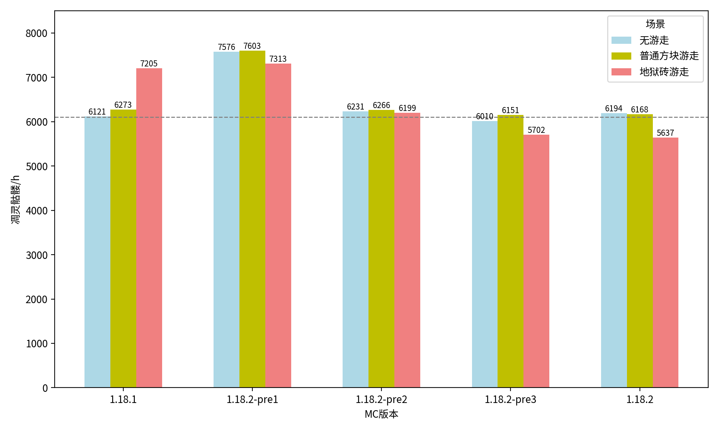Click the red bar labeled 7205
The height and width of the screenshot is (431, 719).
(149, 228)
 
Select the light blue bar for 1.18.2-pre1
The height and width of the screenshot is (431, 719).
(226, 219)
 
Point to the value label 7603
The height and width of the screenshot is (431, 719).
(252, 46)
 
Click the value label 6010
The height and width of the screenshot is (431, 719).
(485, 116)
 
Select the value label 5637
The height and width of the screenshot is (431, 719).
(665, 133)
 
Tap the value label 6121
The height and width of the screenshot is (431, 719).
(97, 112)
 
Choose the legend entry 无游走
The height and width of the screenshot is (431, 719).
(654, 40)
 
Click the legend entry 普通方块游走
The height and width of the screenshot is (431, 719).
(669, 56)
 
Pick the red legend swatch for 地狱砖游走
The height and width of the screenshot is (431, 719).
(621, 72)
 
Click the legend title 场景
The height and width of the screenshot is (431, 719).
(655, 24)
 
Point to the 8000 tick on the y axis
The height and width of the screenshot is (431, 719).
(37, 33)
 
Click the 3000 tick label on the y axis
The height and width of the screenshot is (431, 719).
(37, 255)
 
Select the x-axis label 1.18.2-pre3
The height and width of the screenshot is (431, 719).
(510, 399)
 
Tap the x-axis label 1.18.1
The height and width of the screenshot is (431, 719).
(123, 399)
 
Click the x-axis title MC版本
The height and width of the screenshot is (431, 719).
(381, 414)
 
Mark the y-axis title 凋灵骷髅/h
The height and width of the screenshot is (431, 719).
(16, 199)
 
